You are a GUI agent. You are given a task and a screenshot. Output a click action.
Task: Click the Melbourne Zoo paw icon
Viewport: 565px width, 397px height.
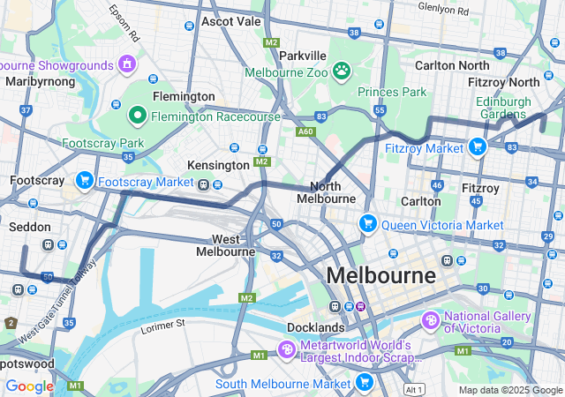coord(341,71)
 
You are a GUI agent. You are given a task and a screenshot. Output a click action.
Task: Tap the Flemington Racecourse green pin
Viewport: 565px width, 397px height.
coord(138,115)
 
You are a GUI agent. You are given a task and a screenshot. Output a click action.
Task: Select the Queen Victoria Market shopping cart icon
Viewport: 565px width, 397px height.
coord(368,224)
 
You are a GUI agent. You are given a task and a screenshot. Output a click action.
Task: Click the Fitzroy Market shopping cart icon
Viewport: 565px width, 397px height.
coord(478,147)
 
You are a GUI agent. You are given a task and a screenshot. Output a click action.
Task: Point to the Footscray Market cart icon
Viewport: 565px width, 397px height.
coord(85,181)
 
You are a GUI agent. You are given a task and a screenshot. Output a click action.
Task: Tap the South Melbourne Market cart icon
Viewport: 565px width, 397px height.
coord(364,383)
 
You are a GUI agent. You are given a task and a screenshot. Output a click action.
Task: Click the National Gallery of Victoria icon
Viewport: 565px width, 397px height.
coord(431,320)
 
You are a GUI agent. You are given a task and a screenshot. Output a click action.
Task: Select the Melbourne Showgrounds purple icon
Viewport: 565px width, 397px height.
coord(128,64)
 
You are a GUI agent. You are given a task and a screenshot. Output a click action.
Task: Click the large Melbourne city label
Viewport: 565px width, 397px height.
coord(381,275)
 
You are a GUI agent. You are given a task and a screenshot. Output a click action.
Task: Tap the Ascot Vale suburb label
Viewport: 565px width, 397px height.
coord(230,20)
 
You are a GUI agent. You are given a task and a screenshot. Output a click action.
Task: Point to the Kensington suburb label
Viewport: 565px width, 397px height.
coord(218,165)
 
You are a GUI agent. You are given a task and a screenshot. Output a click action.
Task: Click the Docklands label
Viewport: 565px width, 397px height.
coord(314,327)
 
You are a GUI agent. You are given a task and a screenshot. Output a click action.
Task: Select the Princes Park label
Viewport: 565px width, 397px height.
coord(392,91)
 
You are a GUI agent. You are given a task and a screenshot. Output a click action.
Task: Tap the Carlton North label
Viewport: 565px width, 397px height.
coord(451,65)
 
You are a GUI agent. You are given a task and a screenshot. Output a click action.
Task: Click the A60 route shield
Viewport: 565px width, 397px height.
coord(305,131)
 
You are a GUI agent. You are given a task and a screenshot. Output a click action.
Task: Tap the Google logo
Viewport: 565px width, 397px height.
coord(30,386)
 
